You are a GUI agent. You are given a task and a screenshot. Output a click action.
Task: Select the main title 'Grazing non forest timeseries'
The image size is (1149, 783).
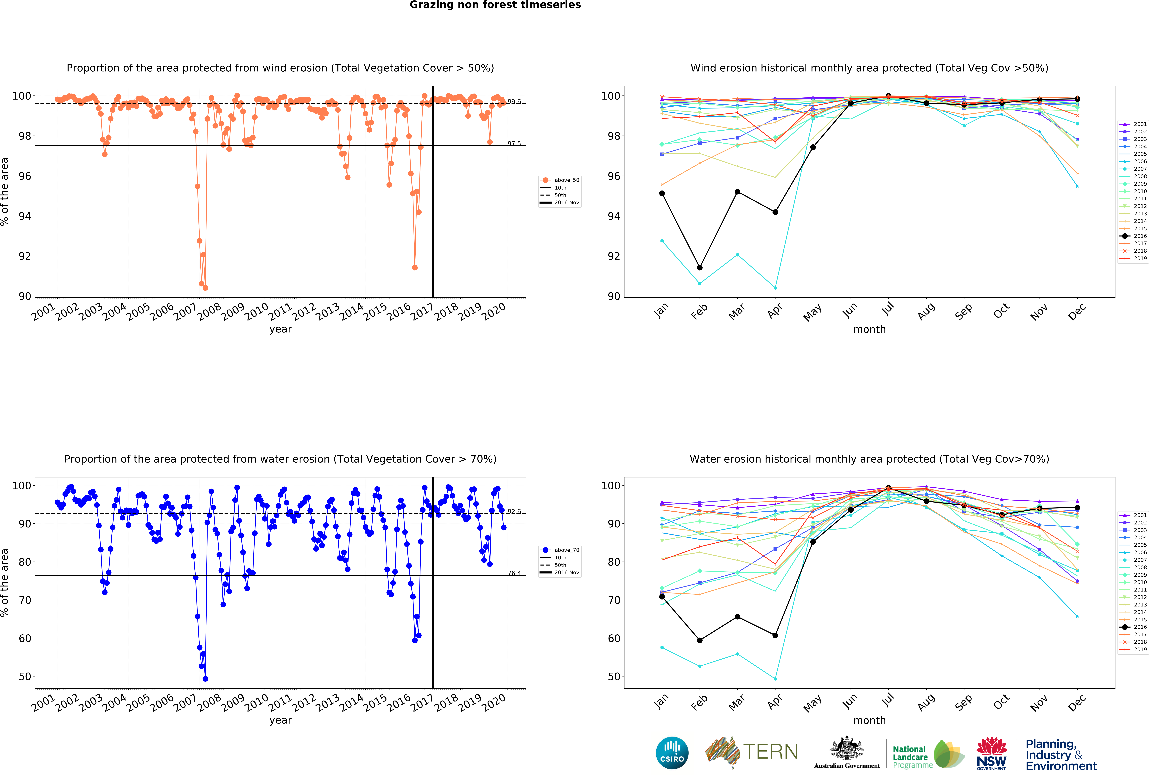click(495, 5)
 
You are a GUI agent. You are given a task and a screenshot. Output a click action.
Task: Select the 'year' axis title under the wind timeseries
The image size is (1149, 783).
click(280, 329)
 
